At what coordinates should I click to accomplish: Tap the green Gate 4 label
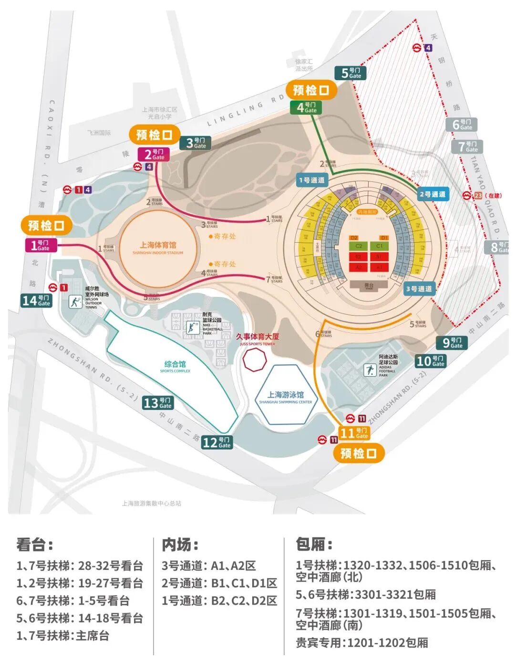306,107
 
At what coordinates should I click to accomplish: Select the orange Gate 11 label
354,432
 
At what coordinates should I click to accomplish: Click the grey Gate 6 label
462,124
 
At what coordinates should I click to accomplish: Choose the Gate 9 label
452,342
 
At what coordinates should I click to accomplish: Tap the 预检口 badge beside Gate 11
359,452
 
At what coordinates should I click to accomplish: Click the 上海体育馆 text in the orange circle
158,246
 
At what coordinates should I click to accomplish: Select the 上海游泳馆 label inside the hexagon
285,396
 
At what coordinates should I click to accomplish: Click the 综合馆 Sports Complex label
175,365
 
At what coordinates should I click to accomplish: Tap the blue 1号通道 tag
312,180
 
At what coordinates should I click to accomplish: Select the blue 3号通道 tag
419,288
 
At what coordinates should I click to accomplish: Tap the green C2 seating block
359,246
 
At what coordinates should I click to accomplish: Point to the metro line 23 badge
477,195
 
